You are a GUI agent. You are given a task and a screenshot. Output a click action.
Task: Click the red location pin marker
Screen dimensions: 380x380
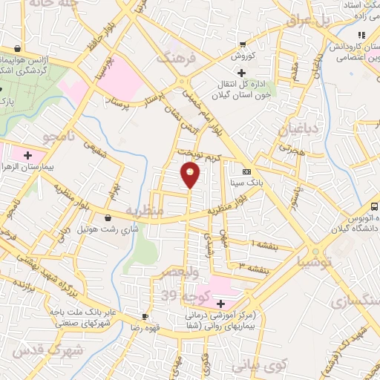[190, 174]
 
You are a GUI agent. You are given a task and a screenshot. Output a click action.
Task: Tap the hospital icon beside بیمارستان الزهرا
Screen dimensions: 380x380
[28, 155]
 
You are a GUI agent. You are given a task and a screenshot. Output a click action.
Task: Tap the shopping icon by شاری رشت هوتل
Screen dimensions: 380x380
[109, 218]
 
